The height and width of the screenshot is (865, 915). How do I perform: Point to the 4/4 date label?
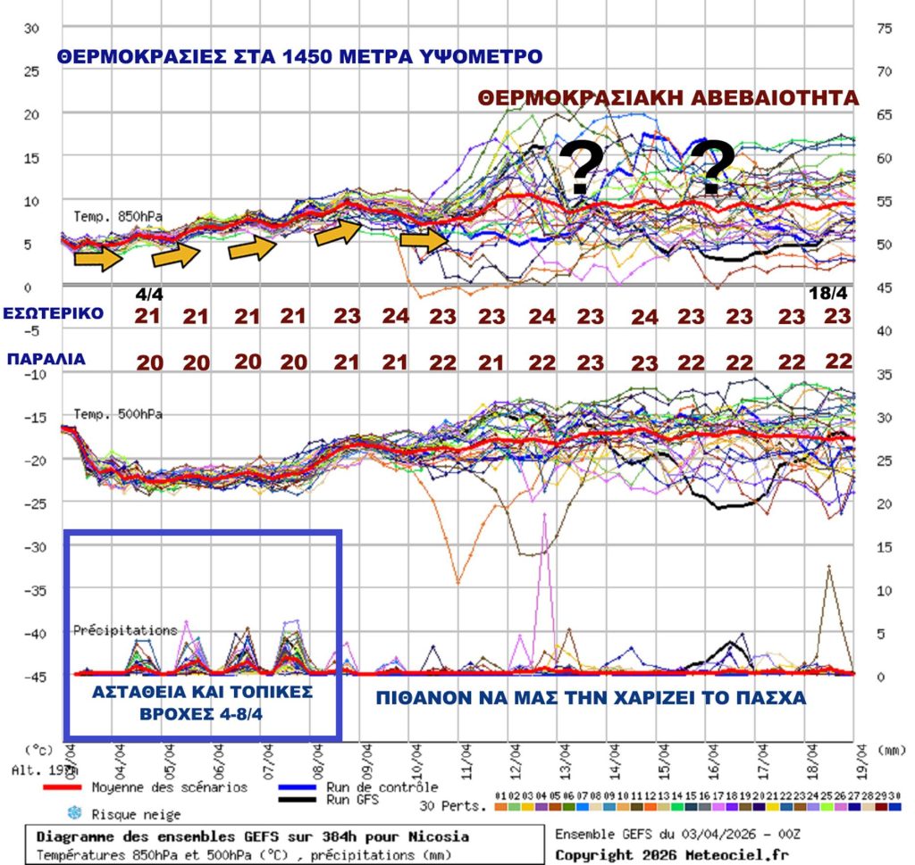pos(149,293)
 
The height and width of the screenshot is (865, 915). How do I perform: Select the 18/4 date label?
pos(827,293)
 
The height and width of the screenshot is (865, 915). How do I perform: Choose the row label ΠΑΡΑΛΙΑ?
pos(46,361)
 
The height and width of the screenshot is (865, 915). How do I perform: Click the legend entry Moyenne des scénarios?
pos(170,787)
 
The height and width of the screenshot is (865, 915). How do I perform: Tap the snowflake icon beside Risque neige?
pos(73,813)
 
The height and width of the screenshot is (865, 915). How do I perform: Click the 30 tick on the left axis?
pos(31,28)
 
